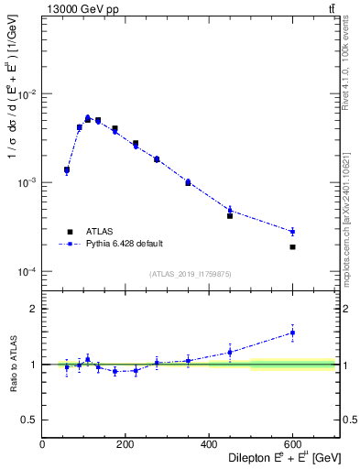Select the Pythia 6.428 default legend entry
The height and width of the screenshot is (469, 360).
click(124, 244)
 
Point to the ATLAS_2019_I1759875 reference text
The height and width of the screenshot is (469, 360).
click(189, 273)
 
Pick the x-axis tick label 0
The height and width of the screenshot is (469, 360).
click(42, 445)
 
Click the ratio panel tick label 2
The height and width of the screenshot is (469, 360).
click(34, 309)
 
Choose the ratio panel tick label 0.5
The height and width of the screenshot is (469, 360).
click(30, 420)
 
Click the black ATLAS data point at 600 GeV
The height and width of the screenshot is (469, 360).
click(292, 247)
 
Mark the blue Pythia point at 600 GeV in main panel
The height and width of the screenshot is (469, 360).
click(292, 232)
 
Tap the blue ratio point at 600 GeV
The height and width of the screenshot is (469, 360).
click(292, 333)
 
